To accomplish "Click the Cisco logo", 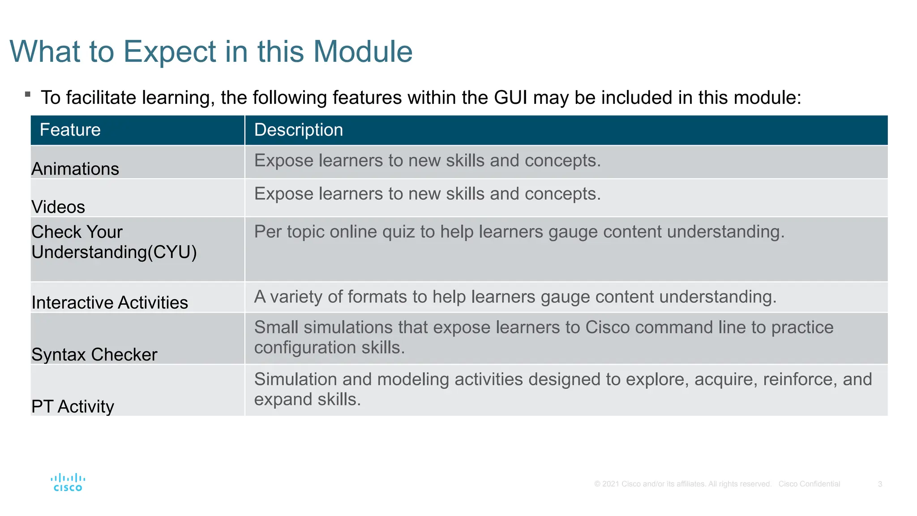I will click(68, 482).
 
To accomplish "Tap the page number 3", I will click(880, 484).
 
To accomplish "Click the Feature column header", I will click(70, 130).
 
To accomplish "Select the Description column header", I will click(299, 130).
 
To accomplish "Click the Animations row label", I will click(75, 169).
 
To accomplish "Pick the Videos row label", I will click(58, 207).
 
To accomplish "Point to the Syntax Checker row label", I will click(94, 355).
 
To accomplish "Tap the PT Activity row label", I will click(73, 407).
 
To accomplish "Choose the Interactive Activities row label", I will click(110, 303).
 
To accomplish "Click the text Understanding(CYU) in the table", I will click(114, 252).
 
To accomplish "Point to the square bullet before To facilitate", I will click(28, 94).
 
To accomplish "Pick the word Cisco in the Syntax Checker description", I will click(608, 327).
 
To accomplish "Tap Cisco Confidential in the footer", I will click(809, 484).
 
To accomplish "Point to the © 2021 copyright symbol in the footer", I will click(597, 484).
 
